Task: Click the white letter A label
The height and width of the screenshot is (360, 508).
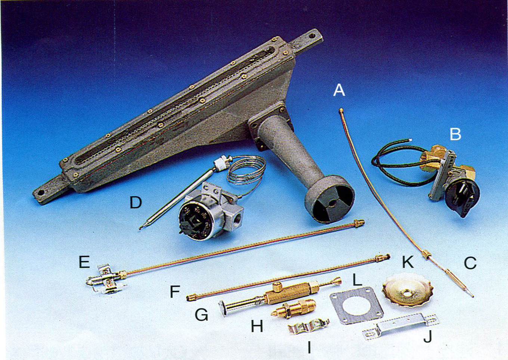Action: pyautogui.click(x=339, y=90)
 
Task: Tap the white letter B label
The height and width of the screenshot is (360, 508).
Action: pyautogui.click(x=455, y=134)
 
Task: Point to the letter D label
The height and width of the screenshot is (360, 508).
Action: pyautogui.click(x=136, y=202)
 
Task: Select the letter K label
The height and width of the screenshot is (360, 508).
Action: pyautogui.click(x=408, y=262)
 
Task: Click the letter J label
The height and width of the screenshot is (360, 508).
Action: pyautogui.click(x=428, y=336)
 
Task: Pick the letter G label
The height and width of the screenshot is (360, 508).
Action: pyautogui.click(x=202, y=315)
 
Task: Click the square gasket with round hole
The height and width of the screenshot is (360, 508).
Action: pyautogui.click(x=356, y=305)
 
